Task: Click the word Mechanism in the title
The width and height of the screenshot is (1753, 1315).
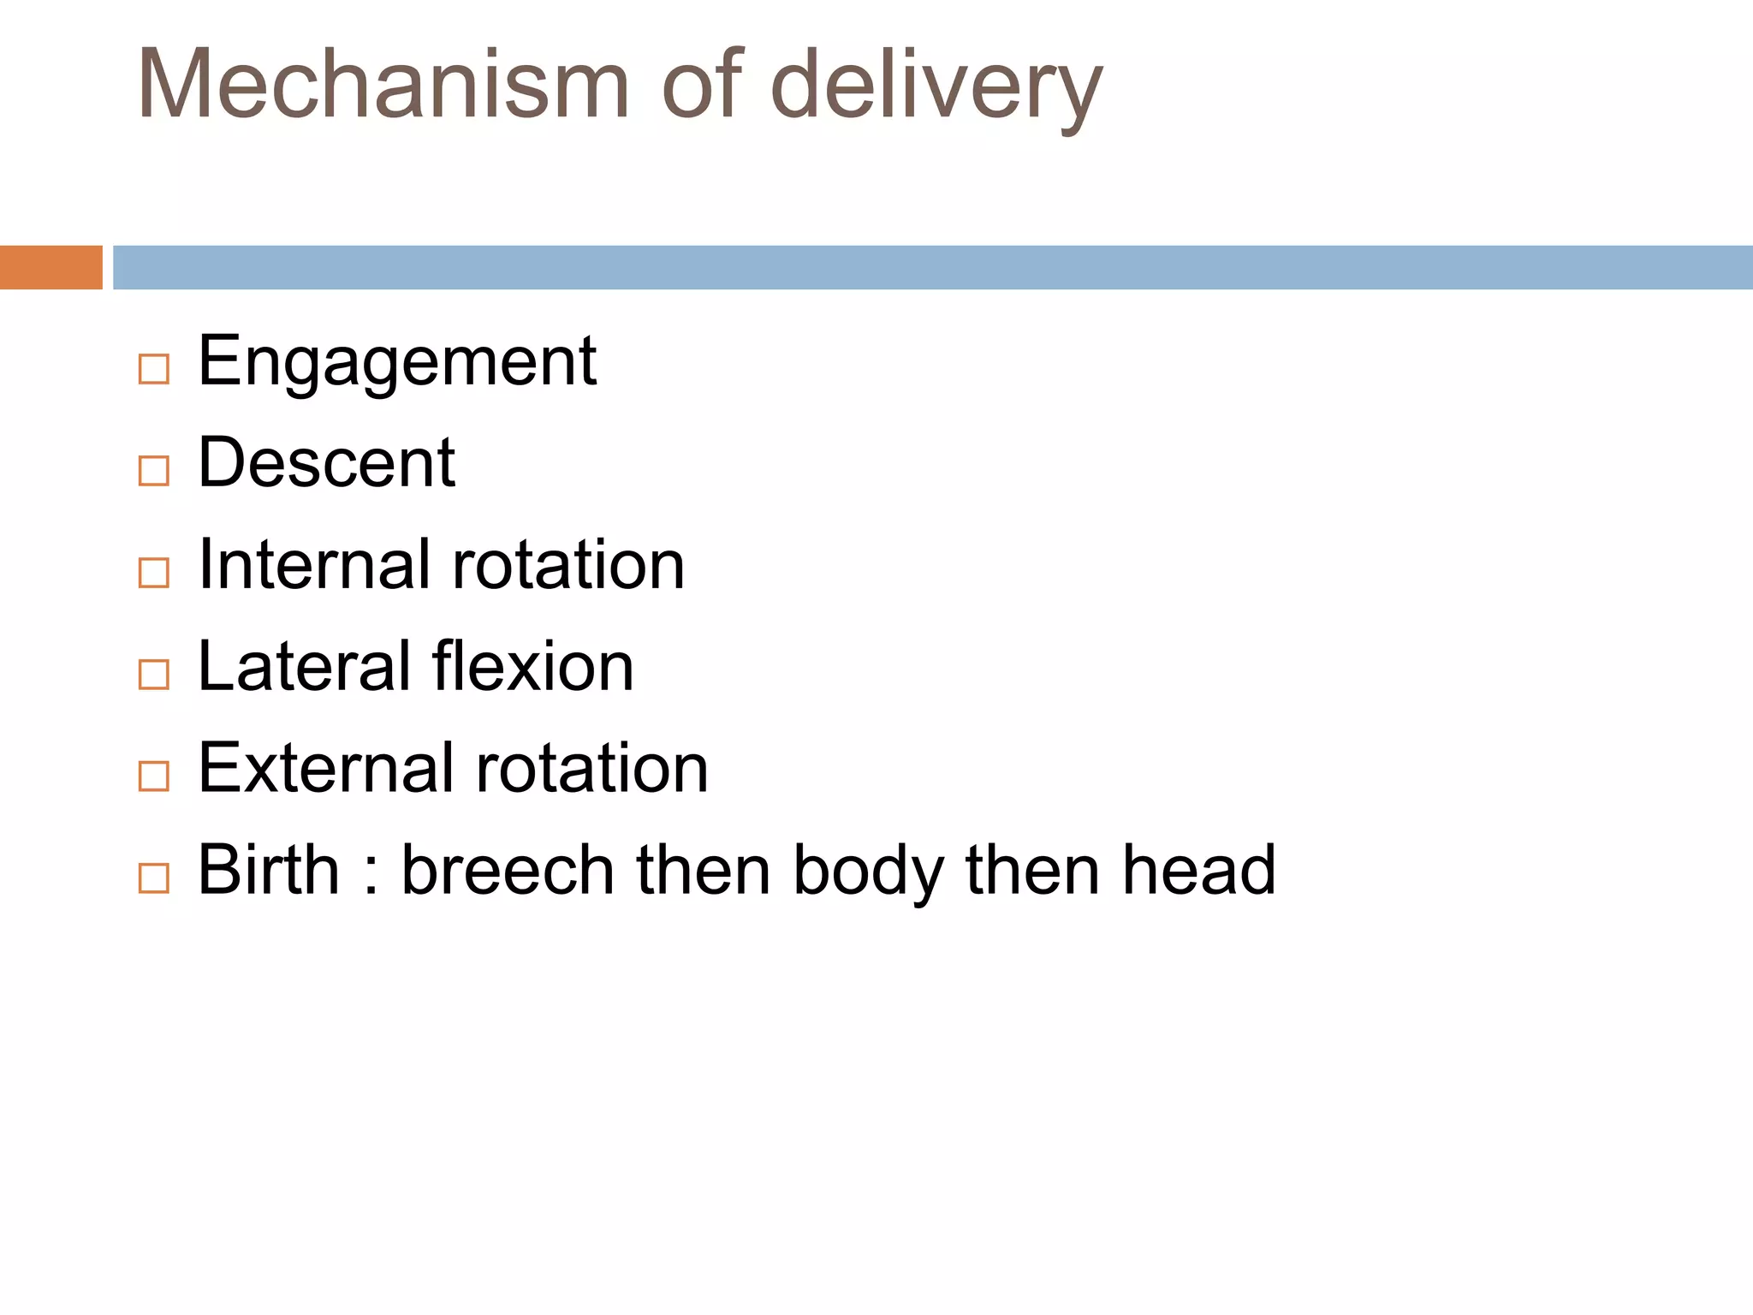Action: (x=383, y=85)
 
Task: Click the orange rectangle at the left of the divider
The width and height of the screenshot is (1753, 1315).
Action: (x=51, y=267)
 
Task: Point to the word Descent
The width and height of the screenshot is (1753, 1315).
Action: (x=326, y=462)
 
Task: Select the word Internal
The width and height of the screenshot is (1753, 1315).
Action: (x=314, y=564)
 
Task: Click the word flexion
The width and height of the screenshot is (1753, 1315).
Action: (x=532, y=666)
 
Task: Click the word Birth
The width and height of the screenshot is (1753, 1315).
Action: (x=268, y=870)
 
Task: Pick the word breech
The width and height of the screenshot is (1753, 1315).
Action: (x=508, y=870)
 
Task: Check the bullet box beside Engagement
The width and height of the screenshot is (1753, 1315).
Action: (x=154, y=370)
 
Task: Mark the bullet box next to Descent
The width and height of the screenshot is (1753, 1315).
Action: (x=154, y=471)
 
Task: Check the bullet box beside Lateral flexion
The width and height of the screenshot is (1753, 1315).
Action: (x=154, y=675)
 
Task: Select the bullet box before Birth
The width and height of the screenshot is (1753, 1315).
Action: (x=154, y=878)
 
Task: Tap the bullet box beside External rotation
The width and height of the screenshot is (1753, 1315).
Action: (x=154, y=777)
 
